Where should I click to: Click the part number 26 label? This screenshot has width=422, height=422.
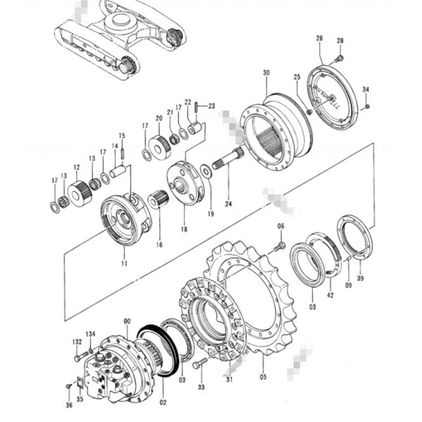point(319,37)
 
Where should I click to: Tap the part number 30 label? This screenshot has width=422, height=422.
point(266,73)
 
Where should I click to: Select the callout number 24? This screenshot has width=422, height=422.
point(228,203)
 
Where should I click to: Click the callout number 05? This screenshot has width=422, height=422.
point(263,376)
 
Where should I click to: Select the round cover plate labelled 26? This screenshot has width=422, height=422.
point(333,97)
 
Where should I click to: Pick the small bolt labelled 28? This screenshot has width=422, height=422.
point(339,56)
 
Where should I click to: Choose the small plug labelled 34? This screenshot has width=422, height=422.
point(368,106)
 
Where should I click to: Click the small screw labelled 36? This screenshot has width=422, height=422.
point(68,386)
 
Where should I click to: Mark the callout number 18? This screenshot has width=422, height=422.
point(184,229)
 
